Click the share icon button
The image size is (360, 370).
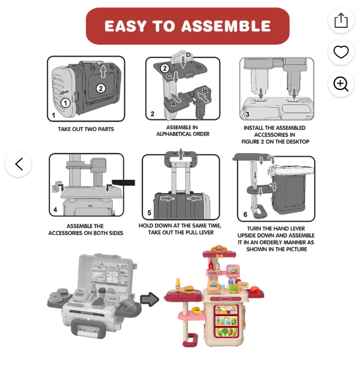coord(341,20)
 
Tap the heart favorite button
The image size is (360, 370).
coord(341,52)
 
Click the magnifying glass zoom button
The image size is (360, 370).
coord(341,84)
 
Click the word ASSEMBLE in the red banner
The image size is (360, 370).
coord(226,26)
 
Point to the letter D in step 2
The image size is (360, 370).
coord(188,55)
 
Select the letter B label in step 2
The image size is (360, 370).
coord(205,90)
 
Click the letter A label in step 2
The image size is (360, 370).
coord(174,104)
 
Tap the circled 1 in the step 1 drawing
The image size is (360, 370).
coord(66,103)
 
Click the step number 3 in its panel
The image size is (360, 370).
coord(247,114)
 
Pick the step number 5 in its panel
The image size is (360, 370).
coord(149,213)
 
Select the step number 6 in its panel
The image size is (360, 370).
coord(245,215)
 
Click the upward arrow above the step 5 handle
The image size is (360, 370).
coord(181,154)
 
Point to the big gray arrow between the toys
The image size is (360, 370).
coord(150,299)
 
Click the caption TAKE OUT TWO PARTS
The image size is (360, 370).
coord(86,129)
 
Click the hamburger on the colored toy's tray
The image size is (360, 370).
coord(188,289)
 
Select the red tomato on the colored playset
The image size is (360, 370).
coord(255,289)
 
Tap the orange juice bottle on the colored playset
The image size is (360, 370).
coord(178,283)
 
